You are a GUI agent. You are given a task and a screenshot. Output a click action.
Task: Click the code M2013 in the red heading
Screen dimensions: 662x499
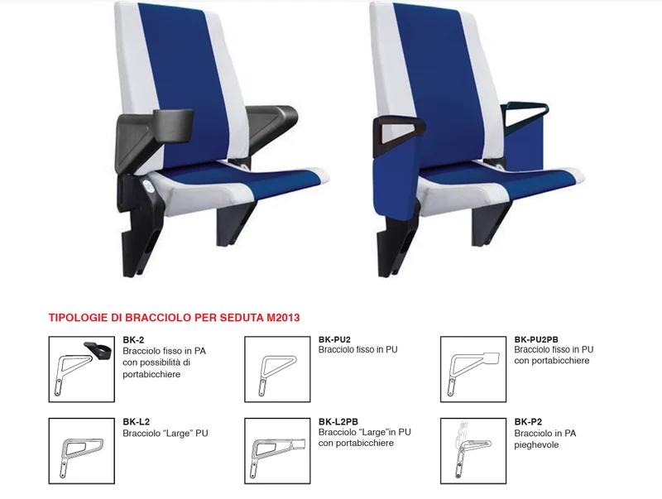[283, 318]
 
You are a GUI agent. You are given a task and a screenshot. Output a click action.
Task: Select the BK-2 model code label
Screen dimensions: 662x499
[133, 340]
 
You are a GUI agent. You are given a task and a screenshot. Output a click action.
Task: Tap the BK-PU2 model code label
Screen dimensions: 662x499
[334, 339]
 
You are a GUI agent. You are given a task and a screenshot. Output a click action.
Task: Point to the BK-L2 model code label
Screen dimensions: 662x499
[136, 422]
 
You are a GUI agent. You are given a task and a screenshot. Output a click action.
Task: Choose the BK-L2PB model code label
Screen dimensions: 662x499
[338, 421]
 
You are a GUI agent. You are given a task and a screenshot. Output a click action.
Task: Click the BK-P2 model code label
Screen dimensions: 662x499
[528, 422]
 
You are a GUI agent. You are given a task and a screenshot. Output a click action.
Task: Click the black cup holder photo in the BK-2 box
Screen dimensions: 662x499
[98, 351]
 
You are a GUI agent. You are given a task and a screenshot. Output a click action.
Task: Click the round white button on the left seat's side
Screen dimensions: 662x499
[148, 185]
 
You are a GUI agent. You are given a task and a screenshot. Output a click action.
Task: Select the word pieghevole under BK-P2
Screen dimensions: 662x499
[536, 445]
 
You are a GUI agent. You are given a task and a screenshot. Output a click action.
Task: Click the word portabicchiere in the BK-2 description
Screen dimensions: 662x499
[151, 375]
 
